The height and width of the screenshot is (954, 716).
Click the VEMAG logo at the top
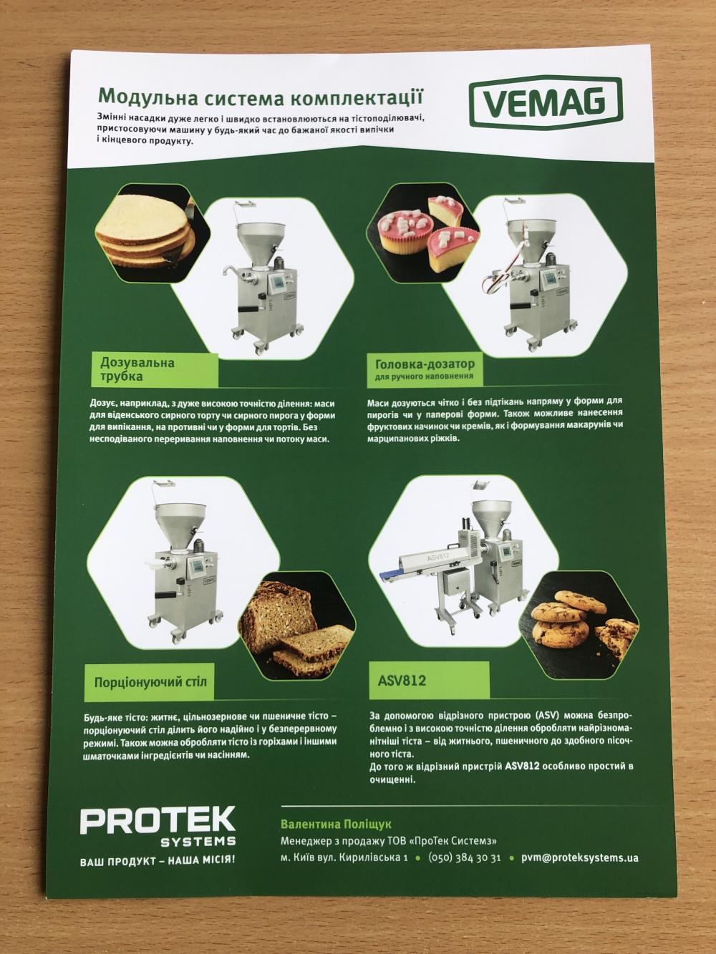coord(546,101)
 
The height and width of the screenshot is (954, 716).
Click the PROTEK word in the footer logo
coord(158,821)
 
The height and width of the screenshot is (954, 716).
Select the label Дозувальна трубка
coord(137,369)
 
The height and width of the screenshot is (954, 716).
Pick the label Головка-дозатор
coord(425,364)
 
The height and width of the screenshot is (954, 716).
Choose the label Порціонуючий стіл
coord(150,682)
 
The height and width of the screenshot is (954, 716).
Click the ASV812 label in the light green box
coord(402,680)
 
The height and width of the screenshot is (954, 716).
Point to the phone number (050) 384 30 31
coord(464,857)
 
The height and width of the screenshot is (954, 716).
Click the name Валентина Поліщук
coord(336,824)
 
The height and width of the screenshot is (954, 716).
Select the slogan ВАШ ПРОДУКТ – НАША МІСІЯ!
coord(158,860)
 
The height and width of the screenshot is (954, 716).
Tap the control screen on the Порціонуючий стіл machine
coord(198,568)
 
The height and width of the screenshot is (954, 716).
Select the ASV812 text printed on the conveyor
coord(437,555)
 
